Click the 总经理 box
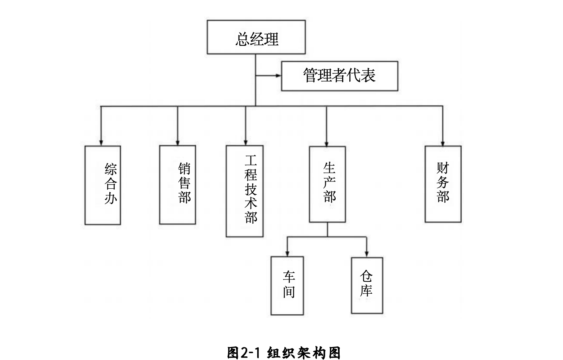coord(256,37)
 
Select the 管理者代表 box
coord(340,76)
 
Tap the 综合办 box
coord(103,185)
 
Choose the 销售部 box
coord(178,185)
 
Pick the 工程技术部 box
coord(245,191)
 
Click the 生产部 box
coord(327,184)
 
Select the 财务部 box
coord(443,184)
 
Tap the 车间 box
coord(287,286)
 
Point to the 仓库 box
coord(367,285)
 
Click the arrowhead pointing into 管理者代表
coord(279,76)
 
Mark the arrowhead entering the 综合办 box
coord(101,143)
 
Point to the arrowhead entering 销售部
coord(178,143)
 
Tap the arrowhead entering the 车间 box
coord(287,254)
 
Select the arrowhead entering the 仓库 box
coord(366,254)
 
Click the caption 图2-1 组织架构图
coord(284,353)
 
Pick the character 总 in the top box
coord(242,39)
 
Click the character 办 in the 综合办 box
coord(110,198)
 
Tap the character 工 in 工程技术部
coord(251,161)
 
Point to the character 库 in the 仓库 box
coord(366,290)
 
